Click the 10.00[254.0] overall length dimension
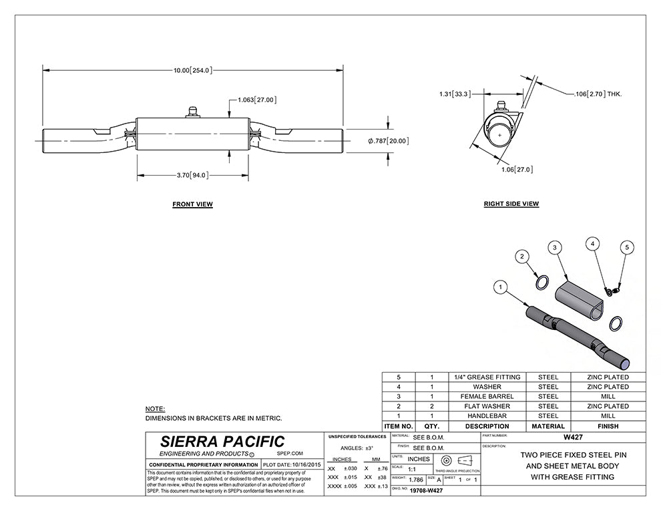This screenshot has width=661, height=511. [x=192, y=69]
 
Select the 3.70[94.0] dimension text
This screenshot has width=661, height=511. [x=192, y=176]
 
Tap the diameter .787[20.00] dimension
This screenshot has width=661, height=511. [x=388, y=141]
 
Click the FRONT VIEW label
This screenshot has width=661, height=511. [x=192, y=204]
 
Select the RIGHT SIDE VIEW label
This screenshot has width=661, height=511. [x=511, y=204]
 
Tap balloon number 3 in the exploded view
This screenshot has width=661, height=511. [x=554, y=247]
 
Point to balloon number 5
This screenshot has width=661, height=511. [x=626, y=248]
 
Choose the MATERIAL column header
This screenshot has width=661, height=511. [x=547, y=426]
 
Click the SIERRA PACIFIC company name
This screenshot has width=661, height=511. [x=222, y=442]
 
